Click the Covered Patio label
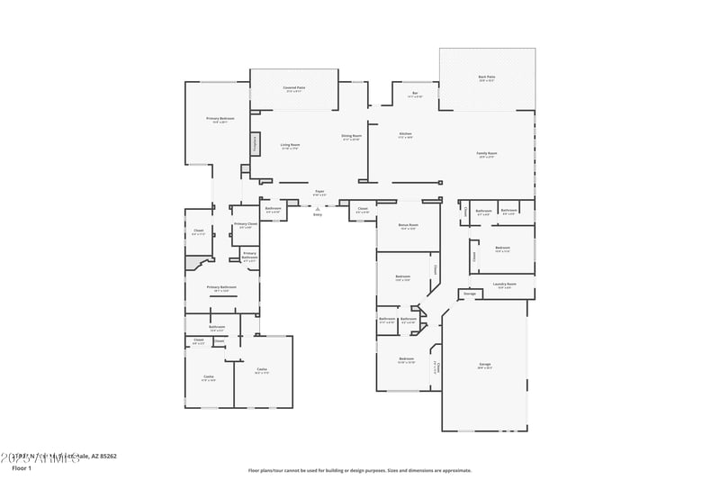point(293,87)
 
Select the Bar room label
point(415,93)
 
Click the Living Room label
point(289,144)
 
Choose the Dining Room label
point(350,136)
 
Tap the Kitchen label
point(406,134)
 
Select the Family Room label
point(487,153)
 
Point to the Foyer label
point(319,191)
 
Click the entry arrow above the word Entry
point(317,208)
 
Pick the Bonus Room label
point(408,225)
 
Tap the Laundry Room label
point(505,284)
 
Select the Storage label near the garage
point(469,294)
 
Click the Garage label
point(484,365)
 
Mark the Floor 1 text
point(22,468)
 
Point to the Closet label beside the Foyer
point(362,209)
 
